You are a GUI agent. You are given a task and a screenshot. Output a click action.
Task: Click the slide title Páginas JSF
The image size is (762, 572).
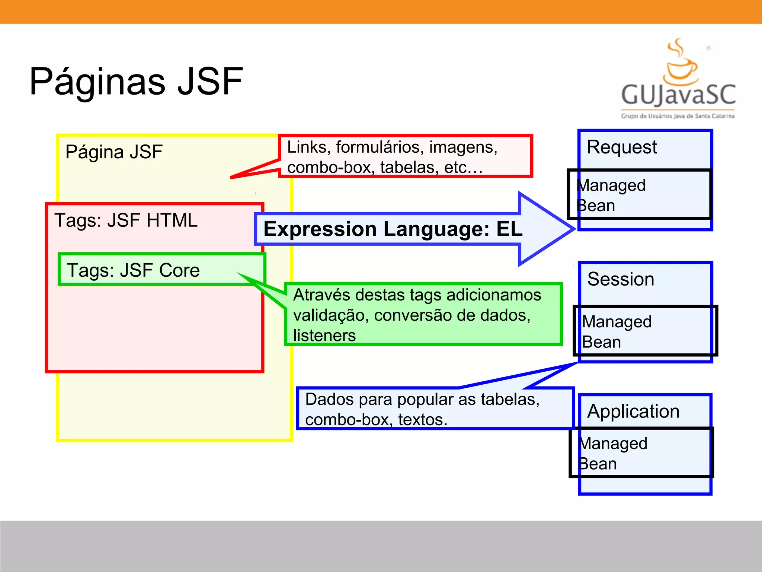coord(136,81)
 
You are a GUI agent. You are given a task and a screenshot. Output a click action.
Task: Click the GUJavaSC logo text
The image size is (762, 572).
coord(678,95)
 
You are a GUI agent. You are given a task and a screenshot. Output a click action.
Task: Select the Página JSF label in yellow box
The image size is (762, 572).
coord(114,152)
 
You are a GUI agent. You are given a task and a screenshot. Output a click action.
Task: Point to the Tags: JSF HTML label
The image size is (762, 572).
coord(126,220)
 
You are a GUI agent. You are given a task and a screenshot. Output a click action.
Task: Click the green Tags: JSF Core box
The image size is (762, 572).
coord(161,270)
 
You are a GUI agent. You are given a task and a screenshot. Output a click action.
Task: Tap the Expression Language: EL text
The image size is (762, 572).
coord(393,229)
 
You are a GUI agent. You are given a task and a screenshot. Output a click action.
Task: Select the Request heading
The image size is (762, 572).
coord(621,147)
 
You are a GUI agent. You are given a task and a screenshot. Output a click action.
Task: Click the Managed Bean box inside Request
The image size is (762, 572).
coord(639,194)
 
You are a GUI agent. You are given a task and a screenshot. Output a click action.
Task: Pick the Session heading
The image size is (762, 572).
coord(621,279)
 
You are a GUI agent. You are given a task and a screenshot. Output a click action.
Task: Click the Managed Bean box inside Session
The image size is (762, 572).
coord(645,331)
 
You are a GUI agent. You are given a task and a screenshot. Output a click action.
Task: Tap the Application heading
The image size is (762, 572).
coord(633,411)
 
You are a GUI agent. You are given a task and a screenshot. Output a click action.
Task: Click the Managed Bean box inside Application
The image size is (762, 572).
coord(641,452)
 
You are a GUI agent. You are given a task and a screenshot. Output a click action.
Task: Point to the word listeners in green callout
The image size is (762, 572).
coord(324,336)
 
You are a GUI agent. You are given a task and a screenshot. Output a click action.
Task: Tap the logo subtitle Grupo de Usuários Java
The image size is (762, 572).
coord(677,116)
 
